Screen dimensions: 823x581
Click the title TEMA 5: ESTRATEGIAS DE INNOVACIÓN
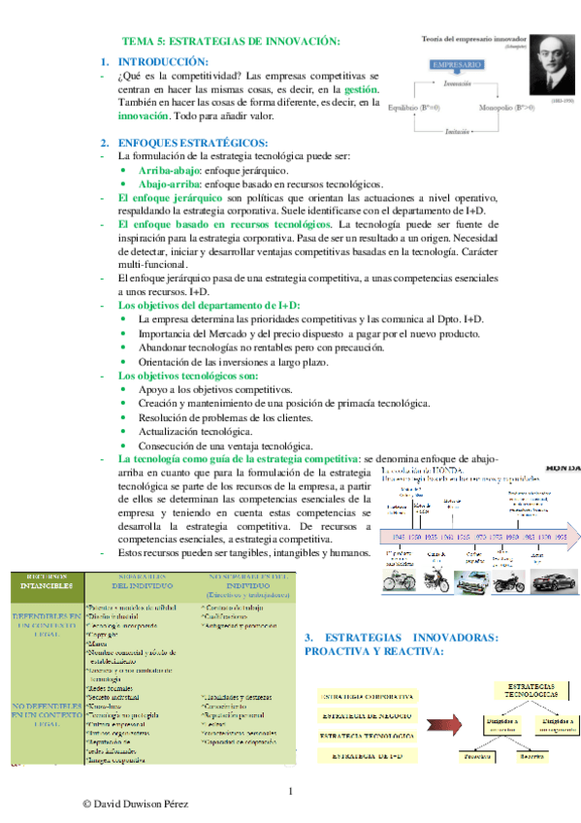[230, 41]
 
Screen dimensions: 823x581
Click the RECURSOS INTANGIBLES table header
[42, 580]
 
